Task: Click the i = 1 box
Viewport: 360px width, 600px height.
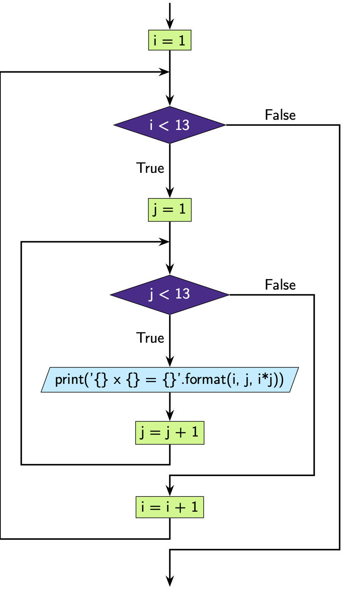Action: [170, 41]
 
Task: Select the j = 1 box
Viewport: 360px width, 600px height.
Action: [170, 210]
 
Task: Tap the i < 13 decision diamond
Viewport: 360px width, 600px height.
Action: [170, 125]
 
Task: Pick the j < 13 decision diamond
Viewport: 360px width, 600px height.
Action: [170, 294]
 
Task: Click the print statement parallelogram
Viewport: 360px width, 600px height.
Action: [170, 379]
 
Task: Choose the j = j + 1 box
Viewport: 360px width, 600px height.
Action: [170, 433]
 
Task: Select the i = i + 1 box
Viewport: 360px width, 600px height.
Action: [170, 507]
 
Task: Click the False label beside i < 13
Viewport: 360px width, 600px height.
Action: [280, 115]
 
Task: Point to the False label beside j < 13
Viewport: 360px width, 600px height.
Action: [280, 285]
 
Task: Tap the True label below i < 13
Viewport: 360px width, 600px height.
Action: [150, 168]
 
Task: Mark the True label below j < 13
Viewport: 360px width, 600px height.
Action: [150, 338]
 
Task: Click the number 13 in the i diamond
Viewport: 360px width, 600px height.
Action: [182, 125]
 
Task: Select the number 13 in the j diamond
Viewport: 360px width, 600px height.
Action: [182, 294]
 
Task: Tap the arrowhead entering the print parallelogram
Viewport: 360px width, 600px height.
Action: [170, 363]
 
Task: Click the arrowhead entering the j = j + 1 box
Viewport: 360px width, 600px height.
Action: [170, 417]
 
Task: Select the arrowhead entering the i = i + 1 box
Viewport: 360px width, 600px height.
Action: [170, 491]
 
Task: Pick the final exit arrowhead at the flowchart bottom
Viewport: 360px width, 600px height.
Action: [170, 582]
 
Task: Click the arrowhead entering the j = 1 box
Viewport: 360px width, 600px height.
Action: [170, 194]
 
